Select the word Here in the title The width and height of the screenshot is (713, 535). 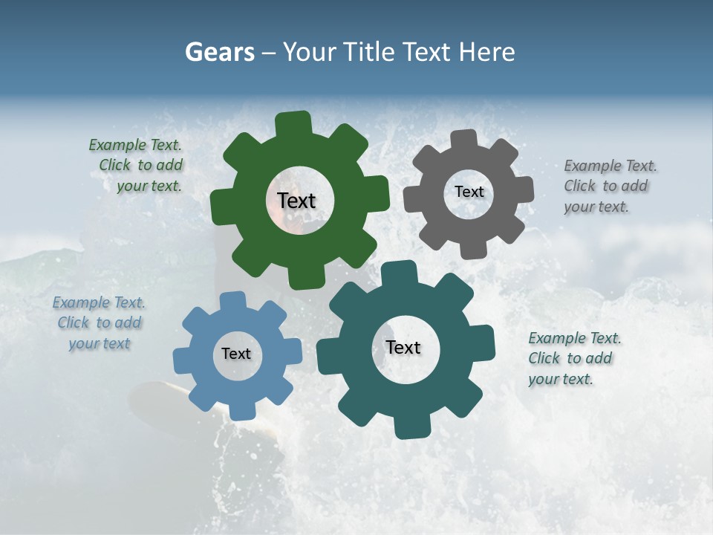pyautogui.click(x=486, y=52)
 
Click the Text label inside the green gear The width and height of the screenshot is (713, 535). pyautogui.click(x=296, y=201)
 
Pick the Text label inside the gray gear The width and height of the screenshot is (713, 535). pyautogui.click(x=469, y=192)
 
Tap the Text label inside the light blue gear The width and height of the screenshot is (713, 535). pyautogui.click(x=236, y=354)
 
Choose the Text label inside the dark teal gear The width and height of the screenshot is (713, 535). pyautogui.click(x=403, y=348)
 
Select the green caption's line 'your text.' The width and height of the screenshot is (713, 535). pyautogui.click(x=149, y=186)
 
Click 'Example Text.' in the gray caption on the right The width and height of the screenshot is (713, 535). pyautogui.click(x=611, y=166)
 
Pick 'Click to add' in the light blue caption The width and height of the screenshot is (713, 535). pyautogui.click(x=100, y=322)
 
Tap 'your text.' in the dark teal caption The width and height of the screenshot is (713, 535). pyautogui.click(x=561, y=379)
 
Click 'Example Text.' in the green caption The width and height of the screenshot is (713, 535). pyautogui.click(x=135, y=145)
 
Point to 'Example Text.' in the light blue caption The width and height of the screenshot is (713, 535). pyautogui.click(x=99, y=302)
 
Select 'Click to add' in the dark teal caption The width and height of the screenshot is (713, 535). pyautogui.click(x=570, y=358)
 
